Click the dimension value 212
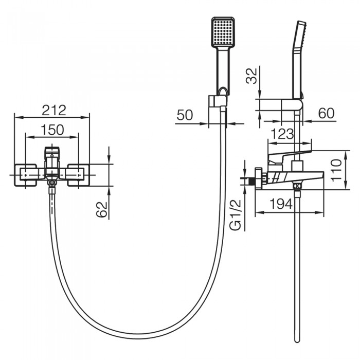click(x=53, y=110)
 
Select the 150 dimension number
click(x=52, y=130)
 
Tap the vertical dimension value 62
click(x=102, y=209)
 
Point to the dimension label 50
click(x=185, y=115)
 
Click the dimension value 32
click(x=251, y=76)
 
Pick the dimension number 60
click(x=327, y=113)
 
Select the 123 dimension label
click(x=282, y=134)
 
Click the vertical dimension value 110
click(x=336, y=170)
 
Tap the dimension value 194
click(x=281, y=204)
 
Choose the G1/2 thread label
click(x=236, y=214)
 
